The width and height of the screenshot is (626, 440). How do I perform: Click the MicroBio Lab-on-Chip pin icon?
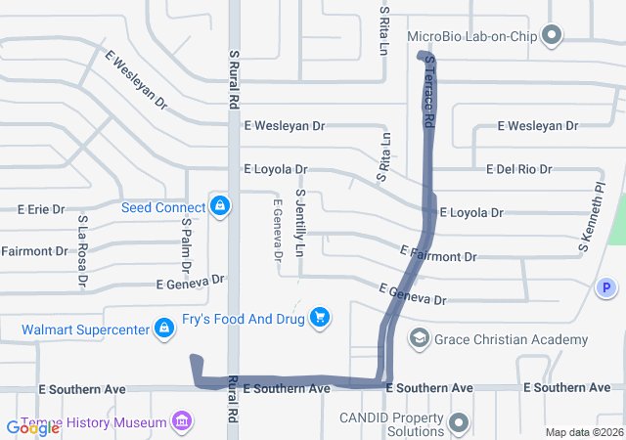coord(551,37)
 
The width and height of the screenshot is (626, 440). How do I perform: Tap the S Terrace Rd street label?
coord(429,92)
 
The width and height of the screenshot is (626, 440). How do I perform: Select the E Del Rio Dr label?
coord(518,169)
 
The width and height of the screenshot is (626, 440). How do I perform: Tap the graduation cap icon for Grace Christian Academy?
coord(420,338)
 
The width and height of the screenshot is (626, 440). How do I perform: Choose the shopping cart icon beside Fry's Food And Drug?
coord(319,317)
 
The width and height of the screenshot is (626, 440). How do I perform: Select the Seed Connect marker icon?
coord(220,206)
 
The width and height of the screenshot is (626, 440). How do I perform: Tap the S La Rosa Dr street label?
coord(83,253)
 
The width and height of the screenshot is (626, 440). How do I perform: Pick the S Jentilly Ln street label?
coord(301,224)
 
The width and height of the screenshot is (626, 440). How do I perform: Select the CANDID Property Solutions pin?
coord(460,424)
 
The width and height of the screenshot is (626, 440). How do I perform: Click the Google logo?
coord(32,427)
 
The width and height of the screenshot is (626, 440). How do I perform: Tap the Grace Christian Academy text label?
coord(512,339)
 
